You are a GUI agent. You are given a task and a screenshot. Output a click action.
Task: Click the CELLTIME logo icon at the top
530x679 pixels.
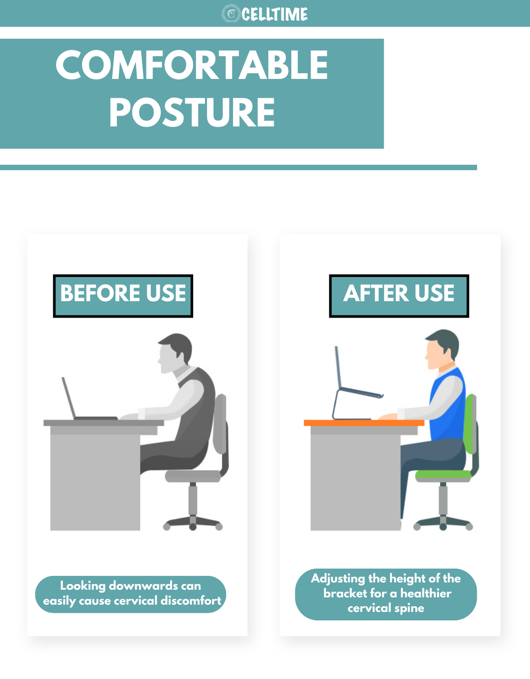pyautogui.click(x=231, y=14)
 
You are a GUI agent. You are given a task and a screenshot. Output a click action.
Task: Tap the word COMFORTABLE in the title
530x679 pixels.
pyautogui.click(x=192, y=65)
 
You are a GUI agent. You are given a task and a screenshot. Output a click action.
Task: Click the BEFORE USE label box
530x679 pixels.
pyautogui.click(x=123, y=296)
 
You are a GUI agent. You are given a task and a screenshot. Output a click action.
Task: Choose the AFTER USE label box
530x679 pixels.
pyautogui.click(x=399, y=296)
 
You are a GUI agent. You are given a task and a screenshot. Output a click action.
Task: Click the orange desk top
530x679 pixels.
pyautogui.click(x=364, y=423)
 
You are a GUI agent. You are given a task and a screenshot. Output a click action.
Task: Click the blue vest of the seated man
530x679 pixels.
pyautogui.click(x=447, y=406)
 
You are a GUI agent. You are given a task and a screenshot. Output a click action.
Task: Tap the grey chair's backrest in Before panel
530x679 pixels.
pyautogui.click(x=220, y=424)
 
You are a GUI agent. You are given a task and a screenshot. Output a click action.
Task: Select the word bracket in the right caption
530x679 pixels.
pyautogui.click(x=344, y=593)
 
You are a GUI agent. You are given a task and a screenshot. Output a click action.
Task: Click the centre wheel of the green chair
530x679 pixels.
pyautogui.click(x=443, y=527)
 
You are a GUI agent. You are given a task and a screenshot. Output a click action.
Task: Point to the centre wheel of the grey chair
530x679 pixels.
pyautogui.click(x=193, y=527)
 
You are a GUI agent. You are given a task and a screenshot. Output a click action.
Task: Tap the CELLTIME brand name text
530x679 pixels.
pyautogui.click(x=275, y=15)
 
